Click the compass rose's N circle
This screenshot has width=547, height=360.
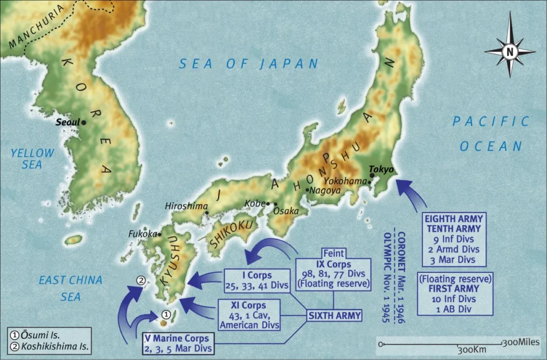click(509, 52)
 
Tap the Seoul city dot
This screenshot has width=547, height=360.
click(84, 122)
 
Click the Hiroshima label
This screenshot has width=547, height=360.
click(185, 206)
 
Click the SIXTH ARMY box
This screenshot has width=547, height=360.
click(335, 316)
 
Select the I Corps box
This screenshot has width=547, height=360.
click(256, 280)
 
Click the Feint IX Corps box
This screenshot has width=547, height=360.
click(334, 269)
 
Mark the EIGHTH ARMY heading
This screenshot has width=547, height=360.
click(454, 218)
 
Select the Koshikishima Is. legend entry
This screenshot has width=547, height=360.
click(50, 346)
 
